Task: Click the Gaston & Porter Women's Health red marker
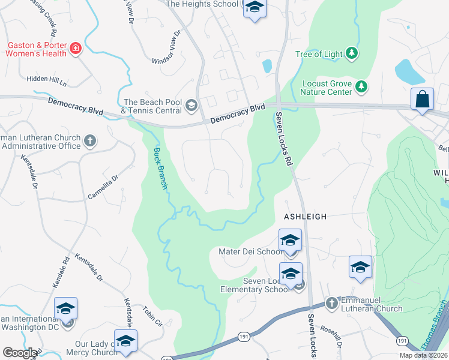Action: tap(76, 49)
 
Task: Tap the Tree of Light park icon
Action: tap(352, 54)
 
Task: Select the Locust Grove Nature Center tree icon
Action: tap(361, 88)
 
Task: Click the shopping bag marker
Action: tap(423, 99)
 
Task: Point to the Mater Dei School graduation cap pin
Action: tap(290, 241)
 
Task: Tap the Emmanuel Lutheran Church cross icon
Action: tap(332, 304)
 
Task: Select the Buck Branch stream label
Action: tap(160, 169)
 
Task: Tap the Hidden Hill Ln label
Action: tap(46, 79)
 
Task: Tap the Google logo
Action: tap(20, 353)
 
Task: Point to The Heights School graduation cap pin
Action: tap(254, 8)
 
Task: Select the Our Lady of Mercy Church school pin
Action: tap(125, 341)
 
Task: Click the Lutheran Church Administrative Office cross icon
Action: tap(90, 142)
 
